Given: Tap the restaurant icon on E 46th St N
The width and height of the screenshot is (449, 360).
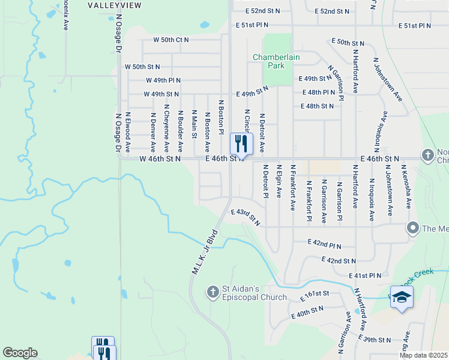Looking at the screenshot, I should (x=241, y=143).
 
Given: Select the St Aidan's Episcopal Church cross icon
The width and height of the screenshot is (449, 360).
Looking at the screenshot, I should (x=212, y=292).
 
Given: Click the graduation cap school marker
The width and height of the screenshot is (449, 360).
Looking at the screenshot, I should (x=402, y=298).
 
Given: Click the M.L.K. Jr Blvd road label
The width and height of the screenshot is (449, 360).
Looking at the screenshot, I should (x=203, y=252).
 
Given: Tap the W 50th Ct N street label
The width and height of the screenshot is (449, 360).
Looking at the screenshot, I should (x=170, y=40).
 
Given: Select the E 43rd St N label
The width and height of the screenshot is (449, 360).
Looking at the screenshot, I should (x=246, y=217).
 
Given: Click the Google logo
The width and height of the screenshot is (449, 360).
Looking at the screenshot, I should (x=20, y=353).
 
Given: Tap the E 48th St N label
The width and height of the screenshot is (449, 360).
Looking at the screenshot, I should (x=317, y=106).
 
